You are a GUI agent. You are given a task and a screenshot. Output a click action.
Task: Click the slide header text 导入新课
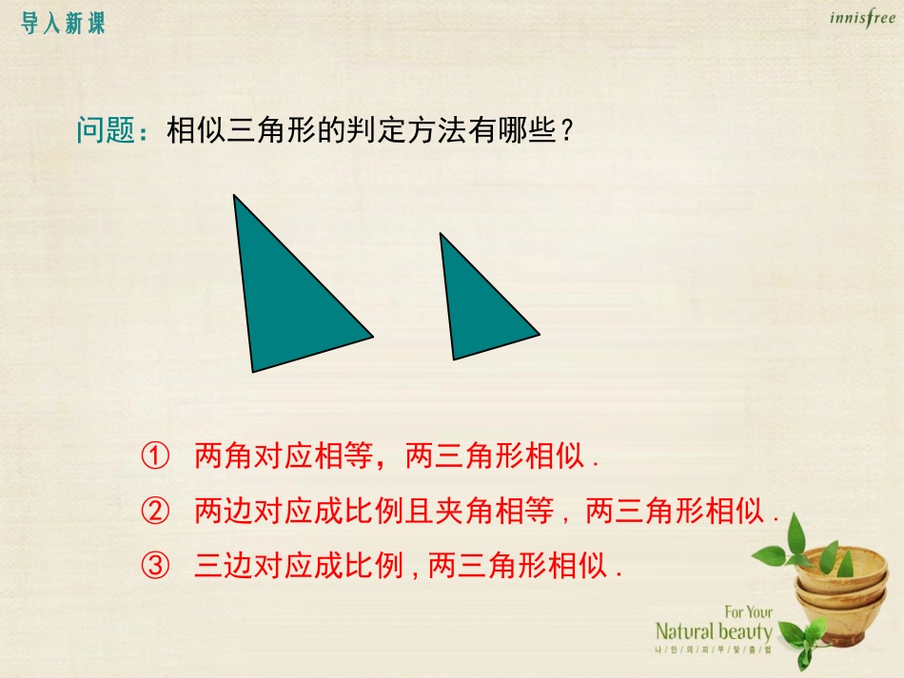click(63, 24)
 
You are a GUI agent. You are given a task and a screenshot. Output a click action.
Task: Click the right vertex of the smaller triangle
click(539, 335)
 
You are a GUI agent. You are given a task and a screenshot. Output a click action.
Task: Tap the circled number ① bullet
click(154, 456)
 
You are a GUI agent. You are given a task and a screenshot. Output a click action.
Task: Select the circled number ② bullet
click(154, 513)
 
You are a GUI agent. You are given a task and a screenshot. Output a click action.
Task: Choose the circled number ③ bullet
click(154, 568)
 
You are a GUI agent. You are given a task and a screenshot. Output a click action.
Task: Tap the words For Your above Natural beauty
click(748, 612)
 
